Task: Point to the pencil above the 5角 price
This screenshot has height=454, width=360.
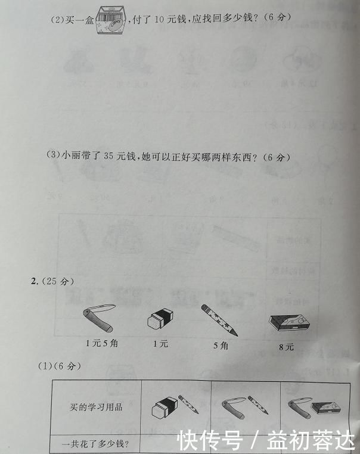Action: (x=219, y=319)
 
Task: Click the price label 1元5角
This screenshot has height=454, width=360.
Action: (x=101, y=343)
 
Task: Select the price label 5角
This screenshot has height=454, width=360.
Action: (x=221, y=345)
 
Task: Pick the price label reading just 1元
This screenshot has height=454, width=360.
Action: (x=160, y=344)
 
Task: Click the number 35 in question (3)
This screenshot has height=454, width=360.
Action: (x=108, y=157)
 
